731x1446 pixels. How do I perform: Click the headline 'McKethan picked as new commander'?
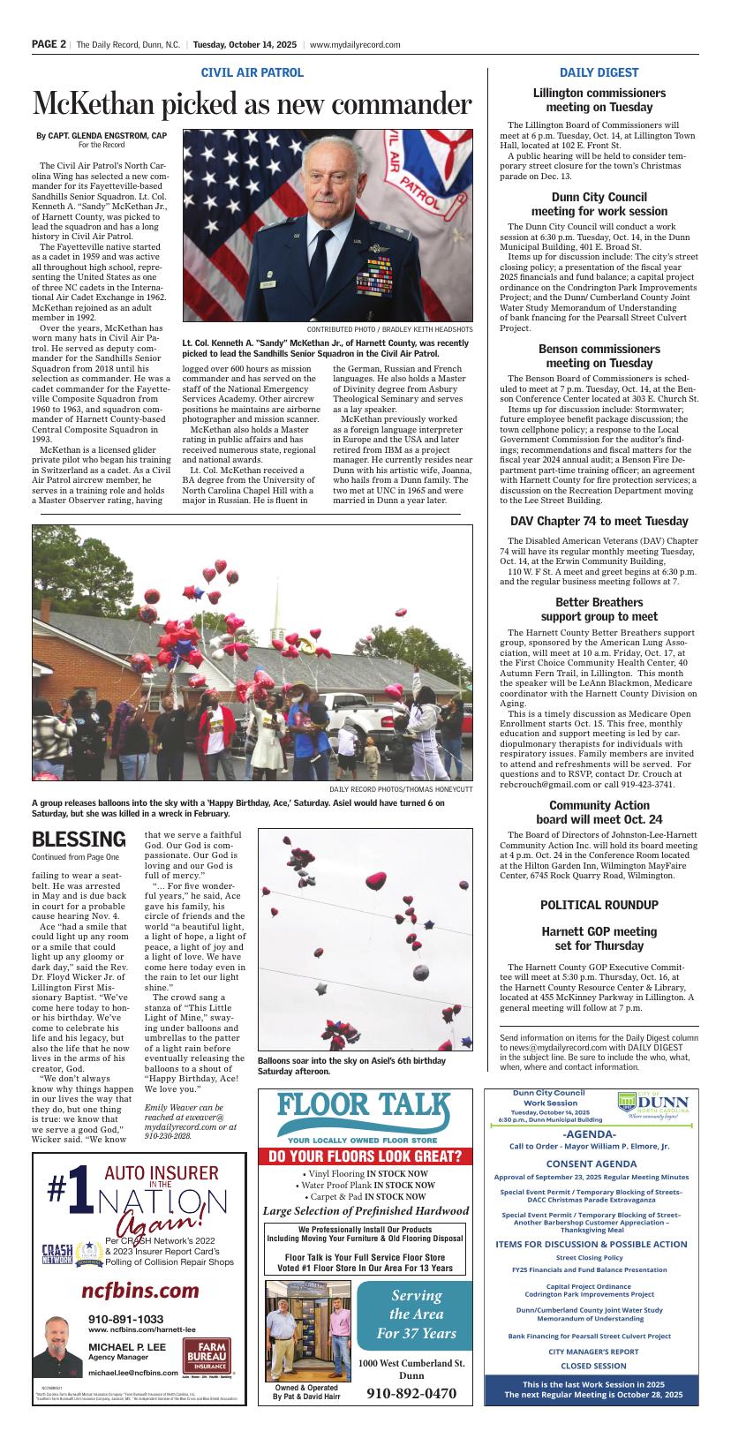click(x=252, y=105)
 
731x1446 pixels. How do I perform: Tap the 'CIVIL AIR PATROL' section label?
click(x=252, y=72)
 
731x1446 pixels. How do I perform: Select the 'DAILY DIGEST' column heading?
click(x=599, y=72)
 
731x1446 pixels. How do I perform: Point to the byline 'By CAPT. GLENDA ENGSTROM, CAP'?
click(x=102, y=136)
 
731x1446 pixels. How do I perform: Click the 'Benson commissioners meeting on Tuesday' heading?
click(x=599, y=356)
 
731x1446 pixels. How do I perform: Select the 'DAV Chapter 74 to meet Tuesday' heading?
click(x=599, y=521)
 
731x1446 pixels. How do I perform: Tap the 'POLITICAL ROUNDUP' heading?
click(x=599, y=905)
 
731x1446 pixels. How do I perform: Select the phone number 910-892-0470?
click(x=411, y=1394)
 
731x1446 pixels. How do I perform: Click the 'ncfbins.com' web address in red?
click(x=139, y=1291)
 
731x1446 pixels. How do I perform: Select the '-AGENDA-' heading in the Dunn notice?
click(x=589, y=1133)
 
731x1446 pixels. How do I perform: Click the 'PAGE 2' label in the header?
click(x=49, y=44)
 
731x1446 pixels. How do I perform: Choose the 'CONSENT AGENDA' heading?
click(x=591, y=1164)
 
